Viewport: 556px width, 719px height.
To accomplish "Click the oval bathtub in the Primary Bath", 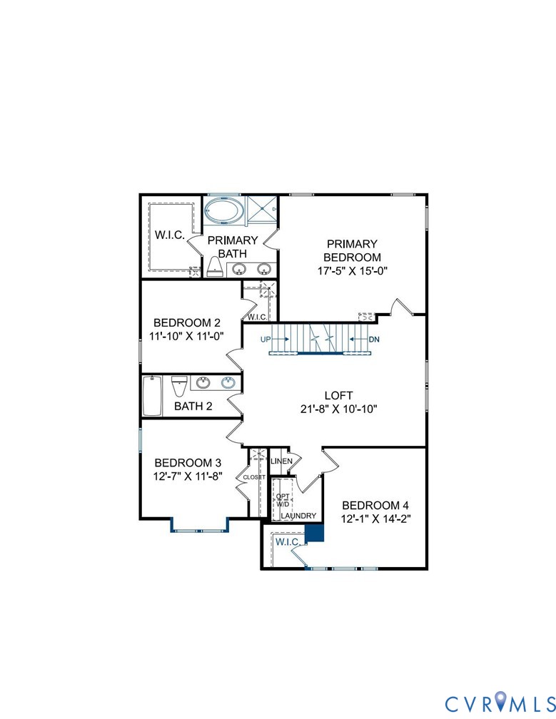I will tap(223, 211).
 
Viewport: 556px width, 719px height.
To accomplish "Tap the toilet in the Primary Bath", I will tap(215, 267).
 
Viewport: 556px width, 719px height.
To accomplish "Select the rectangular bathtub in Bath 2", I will tap(152, 396).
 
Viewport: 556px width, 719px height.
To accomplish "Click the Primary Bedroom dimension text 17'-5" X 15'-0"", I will tap(352, 271).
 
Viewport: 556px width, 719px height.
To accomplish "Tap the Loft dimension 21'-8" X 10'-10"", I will tap(338, 409).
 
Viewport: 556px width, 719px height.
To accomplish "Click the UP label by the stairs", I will tap(266, 339).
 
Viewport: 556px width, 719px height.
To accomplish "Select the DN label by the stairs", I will tap(373, 339).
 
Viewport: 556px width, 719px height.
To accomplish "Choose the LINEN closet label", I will tap(281, 462).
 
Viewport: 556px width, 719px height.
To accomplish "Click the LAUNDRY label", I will tap(298, 516).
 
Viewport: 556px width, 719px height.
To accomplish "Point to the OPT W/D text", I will tap(283, 499).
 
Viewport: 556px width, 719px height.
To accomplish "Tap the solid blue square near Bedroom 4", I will tap(314, 534).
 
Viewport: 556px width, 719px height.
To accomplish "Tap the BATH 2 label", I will tap(193, 407).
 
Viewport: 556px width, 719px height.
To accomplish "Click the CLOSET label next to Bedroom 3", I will tap(254, 476).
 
